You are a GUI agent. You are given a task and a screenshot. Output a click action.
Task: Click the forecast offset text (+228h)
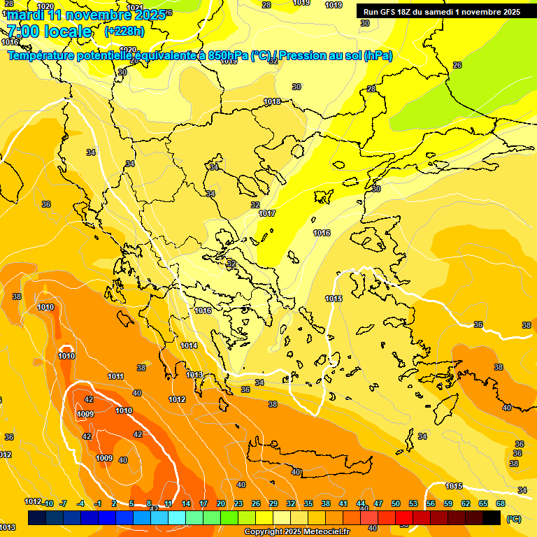124,31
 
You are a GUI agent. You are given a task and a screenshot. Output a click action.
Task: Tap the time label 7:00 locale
49,31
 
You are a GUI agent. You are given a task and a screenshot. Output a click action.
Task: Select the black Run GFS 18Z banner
441,11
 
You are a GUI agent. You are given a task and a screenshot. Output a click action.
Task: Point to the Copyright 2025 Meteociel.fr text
296,531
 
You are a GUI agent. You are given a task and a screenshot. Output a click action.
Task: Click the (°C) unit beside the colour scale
513,519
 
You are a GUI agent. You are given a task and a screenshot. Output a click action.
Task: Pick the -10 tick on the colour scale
48,503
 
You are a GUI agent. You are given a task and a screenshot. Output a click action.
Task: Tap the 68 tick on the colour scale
501,503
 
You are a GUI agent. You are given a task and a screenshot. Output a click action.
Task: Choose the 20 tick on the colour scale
221,503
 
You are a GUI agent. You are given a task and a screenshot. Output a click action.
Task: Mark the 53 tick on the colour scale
413,503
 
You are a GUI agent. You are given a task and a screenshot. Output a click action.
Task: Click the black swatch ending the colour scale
492,517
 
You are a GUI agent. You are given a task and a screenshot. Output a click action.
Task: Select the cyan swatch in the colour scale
177,517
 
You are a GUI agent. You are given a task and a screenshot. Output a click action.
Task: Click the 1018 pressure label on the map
272,102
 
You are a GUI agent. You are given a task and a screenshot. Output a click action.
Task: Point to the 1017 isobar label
266,213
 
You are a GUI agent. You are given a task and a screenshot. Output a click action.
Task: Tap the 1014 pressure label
189,345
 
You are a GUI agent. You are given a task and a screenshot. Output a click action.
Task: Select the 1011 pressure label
115,376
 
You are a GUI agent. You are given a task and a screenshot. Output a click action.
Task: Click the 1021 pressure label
135,8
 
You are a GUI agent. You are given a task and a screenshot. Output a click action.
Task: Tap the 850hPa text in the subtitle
227,55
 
